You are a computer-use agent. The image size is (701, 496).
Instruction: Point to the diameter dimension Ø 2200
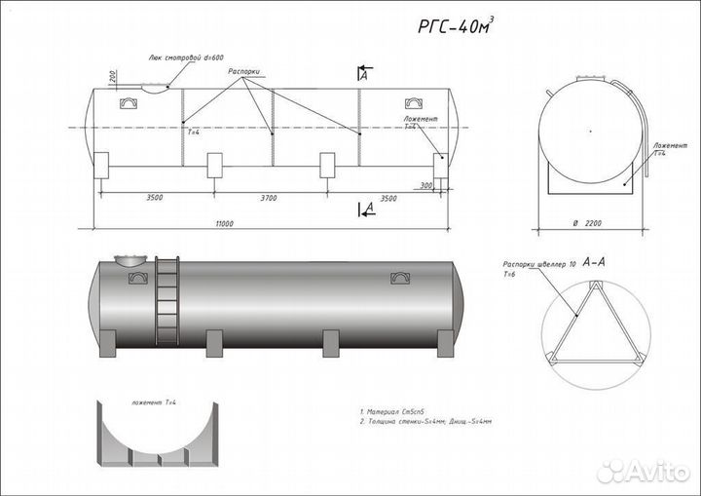[587, 224]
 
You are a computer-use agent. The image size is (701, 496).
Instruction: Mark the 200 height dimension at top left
[114, 77]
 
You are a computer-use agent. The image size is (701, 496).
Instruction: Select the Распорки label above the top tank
[243, 72]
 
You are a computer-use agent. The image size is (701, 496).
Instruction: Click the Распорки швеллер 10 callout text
[537, 264]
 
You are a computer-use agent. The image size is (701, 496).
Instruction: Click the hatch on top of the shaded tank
[129, 259]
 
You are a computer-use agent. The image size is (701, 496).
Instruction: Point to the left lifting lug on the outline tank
[129, 101]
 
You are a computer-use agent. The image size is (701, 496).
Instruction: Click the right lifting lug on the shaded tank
[399, 278]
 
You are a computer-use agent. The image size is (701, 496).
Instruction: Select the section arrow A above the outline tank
[362, 74]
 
